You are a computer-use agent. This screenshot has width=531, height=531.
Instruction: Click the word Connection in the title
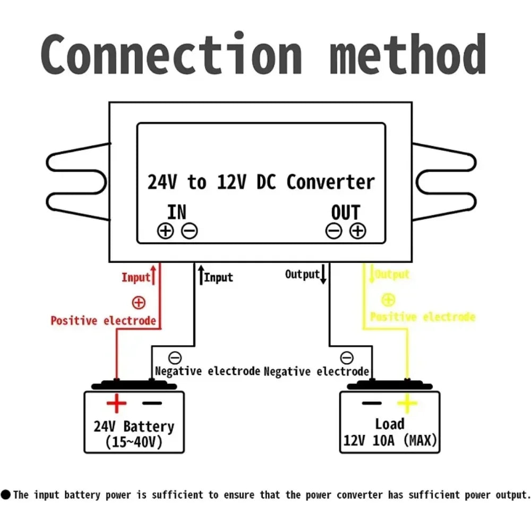(x=172, y=53)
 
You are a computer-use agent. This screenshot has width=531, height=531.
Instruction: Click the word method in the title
(x=408, y=54)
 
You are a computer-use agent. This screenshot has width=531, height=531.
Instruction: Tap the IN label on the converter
(x=176, y=212)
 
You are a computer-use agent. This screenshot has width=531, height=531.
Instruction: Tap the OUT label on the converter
(x=346, y=213)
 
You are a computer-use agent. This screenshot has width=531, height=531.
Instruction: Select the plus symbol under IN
(x=166, y=231)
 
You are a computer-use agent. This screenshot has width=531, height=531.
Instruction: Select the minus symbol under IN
(x=190, y=231)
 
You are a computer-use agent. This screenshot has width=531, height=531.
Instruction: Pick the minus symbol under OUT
(x=334, y=231)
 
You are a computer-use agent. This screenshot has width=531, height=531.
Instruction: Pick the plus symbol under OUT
(x=358, y=231)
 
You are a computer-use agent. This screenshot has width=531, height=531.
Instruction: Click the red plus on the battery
(x=116, y=404)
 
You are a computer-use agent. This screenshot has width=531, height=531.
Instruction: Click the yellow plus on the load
(x=407, y=404)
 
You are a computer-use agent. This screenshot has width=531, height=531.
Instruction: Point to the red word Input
(x=136, y=277)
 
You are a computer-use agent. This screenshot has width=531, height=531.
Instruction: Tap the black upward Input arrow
(x=201, y=275)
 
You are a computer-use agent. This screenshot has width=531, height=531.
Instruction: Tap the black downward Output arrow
(x=323, y=274)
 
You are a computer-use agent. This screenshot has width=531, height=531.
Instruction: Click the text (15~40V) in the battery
(x=134, y=442)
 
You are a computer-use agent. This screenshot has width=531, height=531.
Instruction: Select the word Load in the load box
(x=390, y=424)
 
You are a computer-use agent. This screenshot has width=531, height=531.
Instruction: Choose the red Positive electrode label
(x=104, y=320)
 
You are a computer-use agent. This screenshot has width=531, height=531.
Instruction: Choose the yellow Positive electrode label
(x=423, y=317)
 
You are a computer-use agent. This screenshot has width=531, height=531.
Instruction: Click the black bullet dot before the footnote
(x=6, y=494)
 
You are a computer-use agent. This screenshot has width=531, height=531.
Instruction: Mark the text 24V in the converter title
(x=162, y=182)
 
